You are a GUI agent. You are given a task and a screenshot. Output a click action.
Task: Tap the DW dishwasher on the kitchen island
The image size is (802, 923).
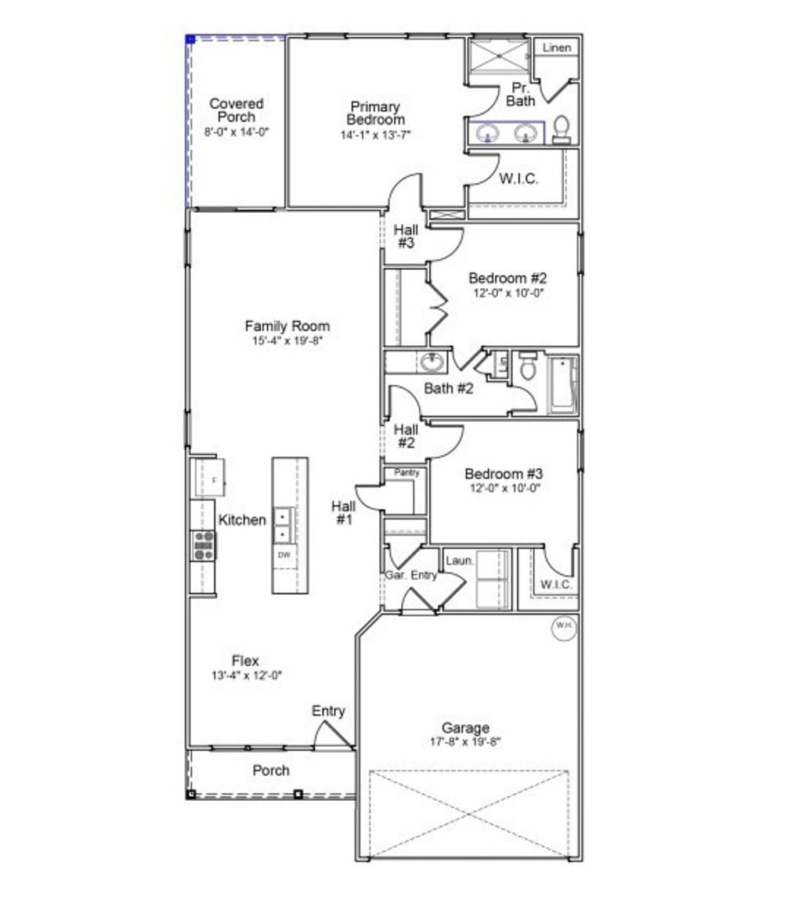tap(284, 555)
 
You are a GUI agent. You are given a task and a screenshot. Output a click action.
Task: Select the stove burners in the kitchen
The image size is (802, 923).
tap(204, 545)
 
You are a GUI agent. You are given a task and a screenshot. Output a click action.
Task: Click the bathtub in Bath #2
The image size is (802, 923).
tap(563, 384)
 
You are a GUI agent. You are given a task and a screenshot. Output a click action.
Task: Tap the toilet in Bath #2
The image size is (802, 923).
tap(527, 367)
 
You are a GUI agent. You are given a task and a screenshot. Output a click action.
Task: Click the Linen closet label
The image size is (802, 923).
tap(557, 48)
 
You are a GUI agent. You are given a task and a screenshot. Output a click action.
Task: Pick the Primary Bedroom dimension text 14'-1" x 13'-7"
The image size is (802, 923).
tap(375, 135)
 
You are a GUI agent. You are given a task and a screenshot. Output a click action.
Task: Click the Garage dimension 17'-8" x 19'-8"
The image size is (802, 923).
tap(465, 741)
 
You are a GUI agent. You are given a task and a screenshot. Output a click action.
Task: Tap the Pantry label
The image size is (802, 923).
tap(406, 473)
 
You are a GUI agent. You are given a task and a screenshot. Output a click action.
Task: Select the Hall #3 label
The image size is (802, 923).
tap(406, 236)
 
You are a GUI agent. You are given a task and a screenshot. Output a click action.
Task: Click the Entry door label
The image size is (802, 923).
tap(328, 711)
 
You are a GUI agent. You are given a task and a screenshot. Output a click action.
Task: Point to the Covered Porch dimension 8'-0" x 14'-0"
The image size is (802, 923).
tap(237, 132)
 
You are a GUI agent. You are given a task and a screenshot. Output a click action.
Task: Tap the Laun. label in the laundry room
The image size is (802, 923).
tap(460, 561)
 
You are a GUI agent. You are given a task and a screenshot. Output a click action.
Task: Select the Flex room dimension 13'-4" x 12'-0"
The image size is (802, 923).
tap(246, 676)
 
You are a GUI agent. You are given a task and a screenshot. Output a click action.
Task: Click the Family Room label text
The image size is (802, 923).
tap(287, 326)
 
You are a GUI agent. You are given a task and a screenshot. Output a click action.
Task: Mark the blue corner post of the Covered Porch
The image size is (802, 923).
tap(190, 38)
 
